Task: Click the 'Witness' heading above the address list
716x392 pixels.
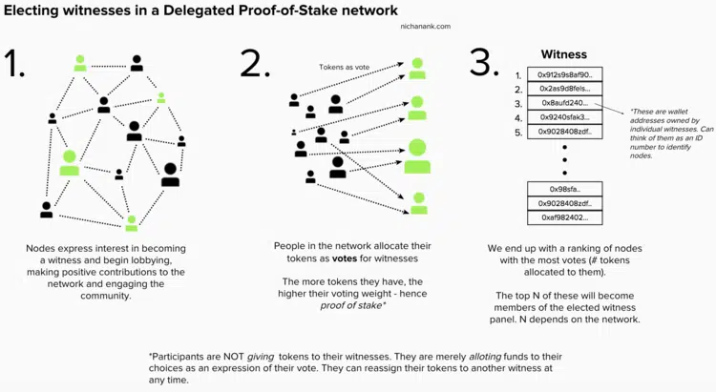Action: pyautogui.click(x=563, y=55)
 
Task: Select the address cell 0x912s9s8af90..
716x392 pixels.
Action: pyautogui.click(x=564, y=74)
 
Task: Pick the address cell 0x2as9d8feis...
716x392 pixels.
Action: pyautogui.click(x=564, y=89)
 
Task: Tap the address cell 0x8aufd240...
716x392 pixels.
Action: pyautogui.click(x=564, y=103)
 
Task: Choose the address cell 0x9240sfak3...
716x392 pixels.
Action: pyautogui.click(x=564, y=117)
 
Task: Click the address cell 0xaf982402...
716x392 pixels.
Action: pyautogui.click(x=564, y=217)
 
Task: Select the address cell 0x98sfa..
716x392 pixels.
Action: pyautogui.click(x=564, y=189)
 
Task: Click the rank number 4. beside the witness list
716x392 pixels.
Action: pyautogui.click(x=517, y=117)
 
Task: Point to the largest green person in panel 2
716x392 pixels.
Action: pyautogui.click(x=417, y=155)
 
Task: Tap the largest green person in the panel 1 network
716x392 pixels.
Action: pyautogui.click(x=70, y=162)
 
